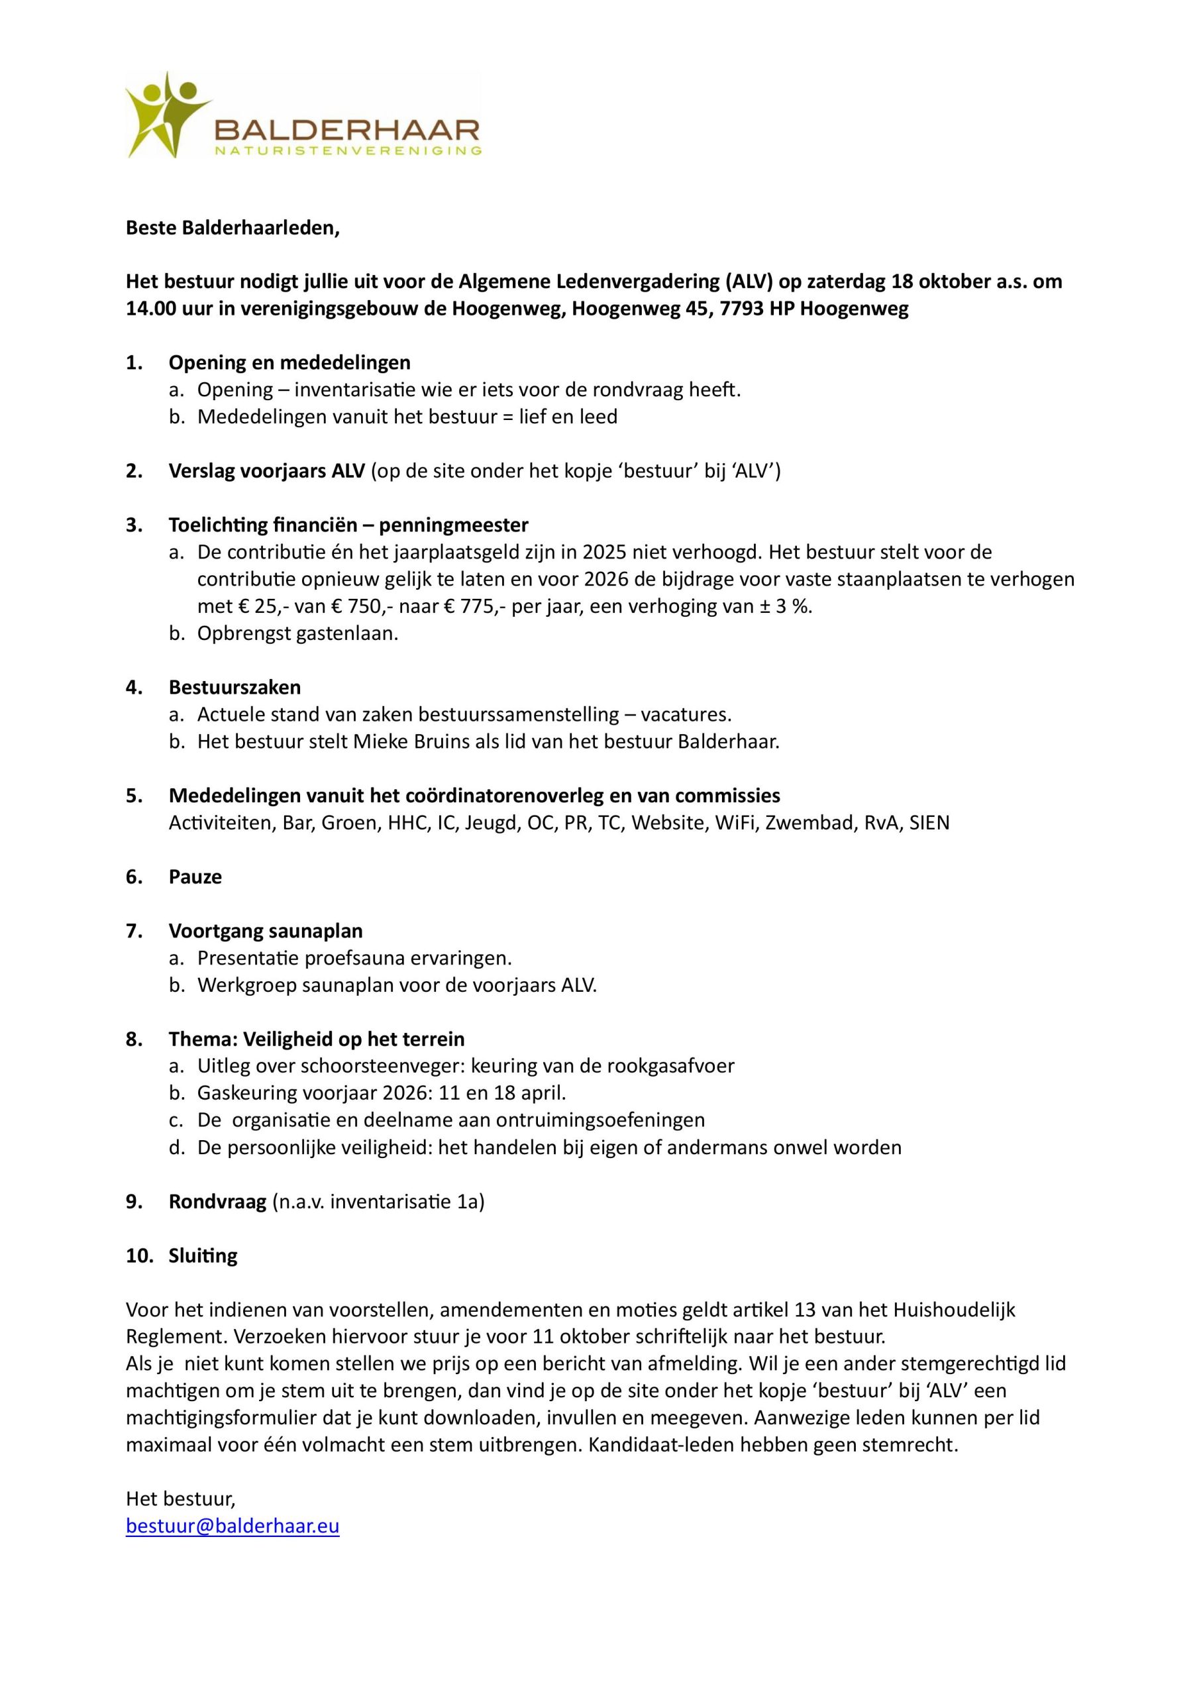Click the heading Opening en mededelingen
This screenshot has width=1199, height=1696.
click(289, 362)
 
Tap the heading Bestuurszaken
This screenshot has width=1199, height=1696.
click(235, 688)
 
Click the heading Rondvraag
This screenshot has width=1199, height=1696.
click(217, 1202)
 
